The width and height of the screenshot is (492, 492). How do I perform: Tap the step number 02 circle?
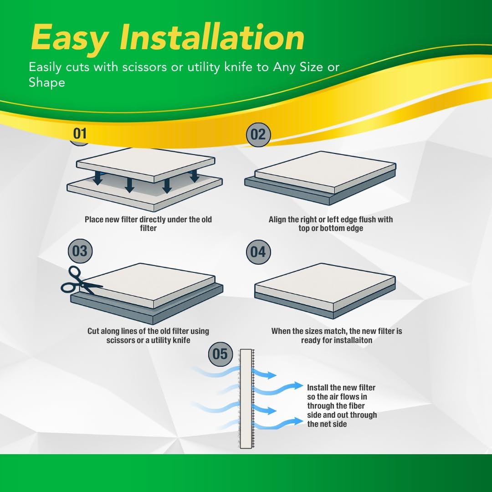click(258, 134)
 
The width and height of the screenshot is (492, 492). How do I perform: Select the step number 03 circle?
click(80, 251)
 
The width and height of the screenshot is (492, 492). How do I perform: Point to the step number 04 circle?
click(258, 251)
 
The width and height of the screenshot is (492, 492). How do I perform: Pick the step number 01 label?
click(80, 133)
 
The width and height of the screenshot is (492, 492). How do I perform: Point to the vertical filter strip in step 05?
click(246, 399)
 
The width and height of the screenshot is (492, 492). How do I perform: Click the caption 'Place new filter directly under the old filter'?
click(148, 224)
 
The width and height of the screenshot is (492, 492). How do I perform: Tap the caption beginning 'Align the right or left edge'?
click(330, 224)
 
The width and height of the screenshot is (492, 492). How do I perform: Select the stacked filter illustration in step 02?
click(320, 178)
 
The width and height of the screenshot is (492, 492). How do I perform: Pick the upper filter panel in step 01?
click(145, 164)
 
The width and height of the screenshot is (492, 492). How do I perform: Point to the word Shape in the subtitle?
click(47, 82)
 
